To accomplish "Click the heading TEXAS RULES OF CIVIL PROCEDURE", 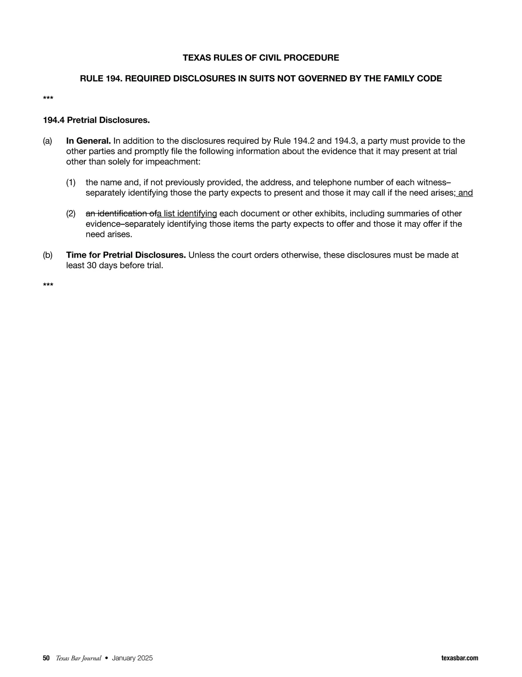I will coord(261,58).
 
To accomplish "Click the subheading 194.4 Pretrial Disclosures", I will coord(96,120).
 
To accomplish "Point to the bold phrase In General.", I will coord(88,141).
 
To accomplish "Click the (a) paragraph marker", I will coord(47,141).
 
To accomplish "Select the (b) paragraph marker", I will coord(47,255).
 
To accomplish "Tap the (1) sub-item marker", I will coord(71,183).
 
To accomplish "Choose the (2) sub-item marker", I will coord(71,213).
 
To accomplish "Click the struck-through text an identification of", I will coord(121,213).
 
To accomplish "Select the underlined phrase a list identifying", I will coord(187,213).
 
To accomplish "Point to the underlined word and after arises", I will coord(465,193).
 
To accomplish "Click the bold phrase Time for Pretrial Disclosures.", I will coord(126,255).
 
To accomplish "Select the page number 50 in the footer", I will coord(46,658).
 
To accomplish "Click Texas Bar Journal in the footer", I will coord(78,658).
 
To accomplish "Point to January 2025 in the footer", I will coord(132,658).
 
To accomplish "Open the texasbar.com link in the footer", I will coord(459,658).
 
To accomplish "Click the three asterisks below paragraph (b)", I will coord(48,286).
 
